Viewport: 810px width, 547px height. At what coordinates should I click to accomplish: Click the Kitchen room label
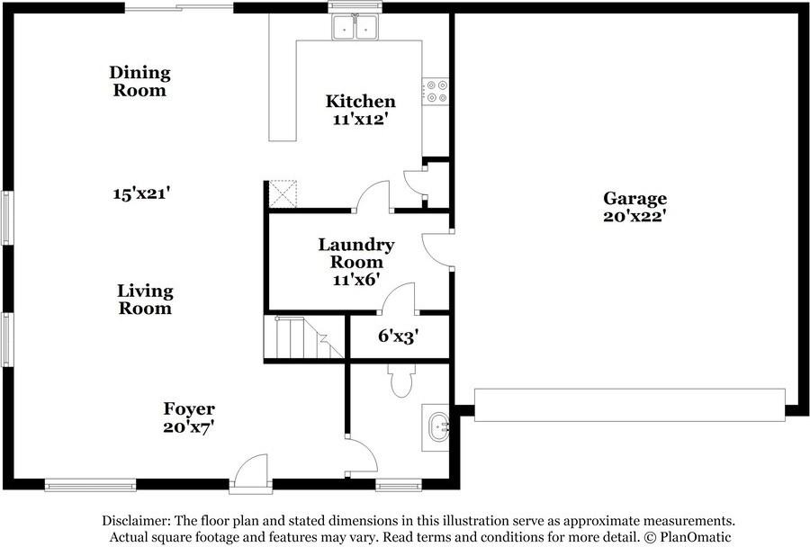(361, 101)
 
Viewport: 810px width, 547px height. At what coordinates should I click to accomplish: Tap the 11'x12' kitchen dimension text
(360, 120)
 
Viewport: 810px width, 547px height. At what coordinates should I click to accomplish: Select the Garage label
(634, 198)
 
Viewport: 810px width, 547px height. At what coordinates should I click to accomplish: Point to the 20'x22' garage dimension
(634, 216)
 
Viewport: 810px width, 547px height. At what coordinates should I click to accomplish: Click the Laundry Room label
(356, 253)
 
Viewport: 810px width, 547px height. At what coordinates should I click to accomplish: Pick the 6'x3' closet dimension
(398, 336)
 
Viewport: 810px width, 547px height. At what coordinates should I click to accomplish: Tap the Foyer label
(189, 408)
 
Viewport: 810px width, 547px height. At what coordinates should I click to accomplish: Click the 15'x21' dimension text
(141, 193)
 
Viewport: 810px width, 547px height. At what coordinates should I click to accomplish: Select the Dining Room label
(140, 81)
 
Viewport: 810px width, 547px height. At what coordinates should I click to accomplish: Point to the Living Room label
(145, 299)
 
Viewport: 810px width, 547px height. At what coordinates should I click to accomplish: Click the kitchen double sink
(355, 27)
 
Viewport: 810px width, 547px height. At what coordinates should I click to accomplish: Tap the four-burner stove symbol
(436, 92)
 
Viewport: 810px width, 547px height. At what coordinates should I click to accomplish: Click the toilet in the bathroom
(401, 381)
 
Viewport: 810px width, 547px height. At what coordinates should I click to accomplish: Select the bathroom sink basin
(438, 427)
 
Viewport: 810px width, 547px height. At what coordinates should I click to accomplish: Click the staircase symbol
(304, 337)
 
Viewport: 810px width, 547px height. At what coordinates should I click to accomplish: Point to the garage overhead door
(630, 405)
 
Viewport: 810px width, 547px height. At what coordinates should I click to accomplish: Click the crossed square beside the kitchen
(283, 193)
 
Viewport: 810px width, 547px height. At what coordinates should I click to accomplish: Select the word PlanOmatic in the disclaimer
(696, 537)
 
